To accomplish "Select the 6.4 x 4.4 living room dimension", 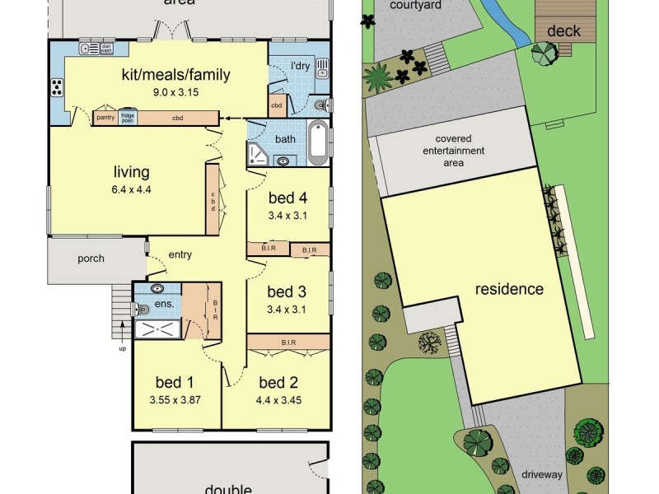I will click(x=132, y=189).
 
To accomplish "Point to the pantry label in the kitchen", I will click(x=105, y=118).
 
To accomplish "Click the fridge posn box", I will click(x=128, y=118).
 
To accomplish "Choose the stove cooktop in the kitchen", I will click(x=57, y=86).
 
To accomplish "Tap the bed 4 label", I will click(x=287, y=198).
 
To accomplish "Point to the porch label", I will click(x=91, y=259).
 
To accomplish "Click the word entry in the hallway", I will click(x=180, y=254).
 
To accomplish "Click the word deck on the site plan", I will click(x=564, y=31).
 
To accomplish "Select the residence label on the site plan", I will click(x=508, y=289).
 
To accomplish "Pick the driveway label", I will click(x=541, y=475).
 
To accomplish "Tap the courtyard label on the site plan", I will click(x=417, y=6).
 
